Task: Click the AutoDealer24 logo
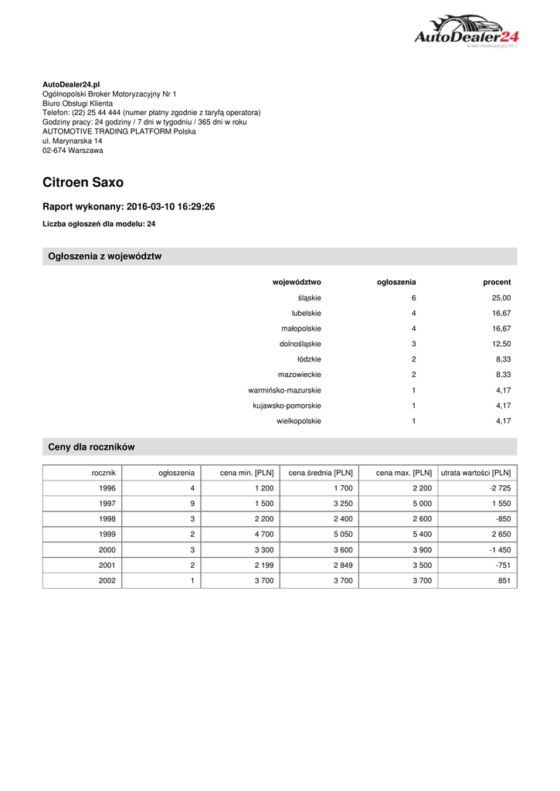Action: [x=467, y=32]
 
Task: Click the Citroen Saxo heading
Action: [x=83, y=183]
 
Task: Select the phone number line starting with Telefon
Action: [x=151, y=112]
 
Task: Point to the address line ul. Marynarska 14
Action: [x=73, y=141]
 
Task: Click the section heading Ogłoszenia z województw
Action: [x=104, y=256]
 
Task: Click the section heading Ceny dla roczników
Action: [x=91, y=447]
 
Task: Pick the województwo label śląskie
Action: [x=309, y=298]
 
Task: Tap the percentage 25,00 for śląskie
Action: [x=501, y=298]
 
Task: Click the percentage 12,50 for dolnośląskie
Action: [x=501, y=344]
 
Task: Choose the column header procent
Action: [x=497, y=283]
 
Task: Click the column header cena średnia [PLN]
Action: [x=321, y=473]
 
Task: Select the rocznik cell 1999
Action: [x=107, y=535]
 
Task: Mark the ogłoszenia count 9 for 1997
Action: [x=191, y=504]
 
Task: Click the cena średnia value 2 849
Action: [x=341, y=565]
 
